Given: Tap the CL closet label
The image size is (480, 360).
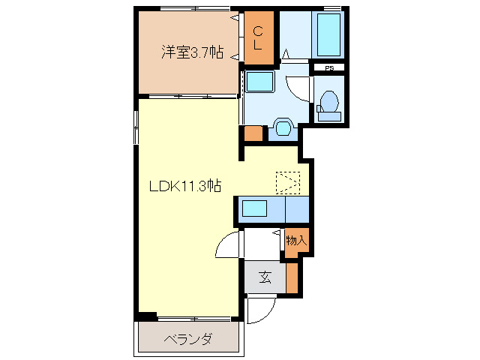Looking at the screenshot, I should click(257, 38).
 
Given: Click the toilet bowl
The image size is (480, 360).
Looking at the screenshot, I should click(328, 101).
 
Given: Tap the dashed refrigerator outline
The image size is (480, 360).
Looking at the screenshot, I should click(287, 182).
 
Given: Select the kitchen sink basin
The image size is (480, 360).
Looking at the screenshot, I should click(256, 208).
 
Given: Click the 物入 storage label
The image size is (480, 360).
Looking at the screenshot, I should click(296, 241).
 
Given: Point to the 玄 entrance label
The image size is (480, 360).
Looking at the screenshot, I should click(265, 278).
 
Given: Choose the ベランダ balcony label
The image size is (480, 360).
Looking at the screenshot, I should click(187, 340).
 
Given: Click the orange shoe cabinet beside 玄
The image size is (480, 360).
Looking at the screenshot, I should click(292, 277).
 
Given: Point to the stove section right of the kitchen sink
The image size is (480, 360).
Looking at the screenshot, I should click(298, 208).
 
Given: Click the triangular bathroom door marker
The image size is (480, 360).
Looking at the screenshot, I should click(286, 55).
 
